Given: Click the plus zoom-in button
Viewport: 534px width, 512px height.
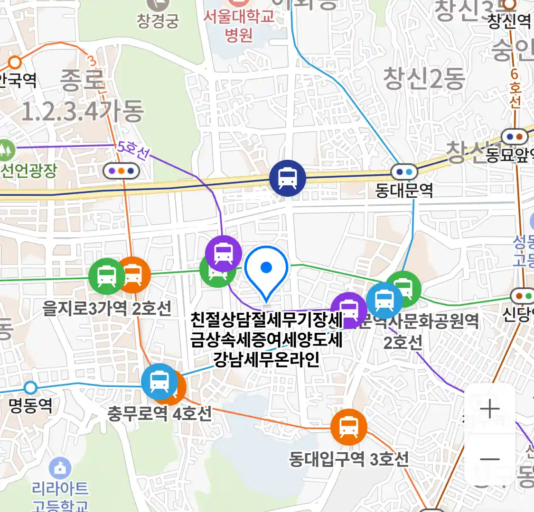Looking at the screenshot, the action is pos(489,409).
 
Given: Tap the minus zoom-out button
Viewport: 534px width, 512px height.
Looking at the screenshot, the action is pos(489,459).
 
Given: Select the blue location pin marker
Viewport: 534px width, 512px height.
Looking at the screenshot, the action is pos(266,270).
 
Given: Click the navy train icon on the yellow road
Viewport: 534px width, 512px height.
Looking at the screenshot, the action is pos(287,178).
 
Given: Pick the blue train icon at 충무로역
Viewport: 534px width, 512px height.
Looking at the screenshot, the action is pos(159,382).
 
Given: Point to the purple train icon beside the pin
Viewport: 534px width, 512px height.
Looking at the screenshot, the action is pos(223,253).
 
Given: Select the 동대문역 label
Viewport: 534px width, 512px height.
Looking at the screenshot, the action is pos(404,191).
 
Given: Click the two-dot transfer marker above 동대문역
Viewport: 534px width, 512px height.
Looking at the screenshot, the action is pos(404,172).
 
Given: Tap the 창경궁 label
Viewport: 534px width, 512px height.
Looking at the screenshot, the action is pos(158,20).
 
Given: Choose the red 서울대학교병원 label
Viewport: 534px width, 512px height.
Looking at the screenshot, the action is pos(239,26).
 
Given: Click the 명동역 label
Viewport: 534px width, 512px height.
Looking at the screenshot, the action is pos(30,406).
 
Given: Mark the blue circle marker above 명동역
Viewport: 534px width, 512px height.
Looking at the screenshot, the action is pos(30,388).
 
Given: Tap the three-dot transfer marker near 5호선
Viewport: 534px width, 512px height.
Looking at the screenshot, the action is pos(121,170).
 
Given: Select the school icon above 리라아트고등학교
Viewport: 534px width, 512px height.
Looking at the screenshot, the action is pos(60,468).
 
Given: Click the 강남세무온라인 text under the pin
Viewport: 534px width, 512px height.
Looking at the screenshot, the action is pos(266,359).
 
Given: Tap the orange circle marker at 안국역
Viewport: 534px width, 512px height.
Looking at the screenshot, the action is pos(16,62).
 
